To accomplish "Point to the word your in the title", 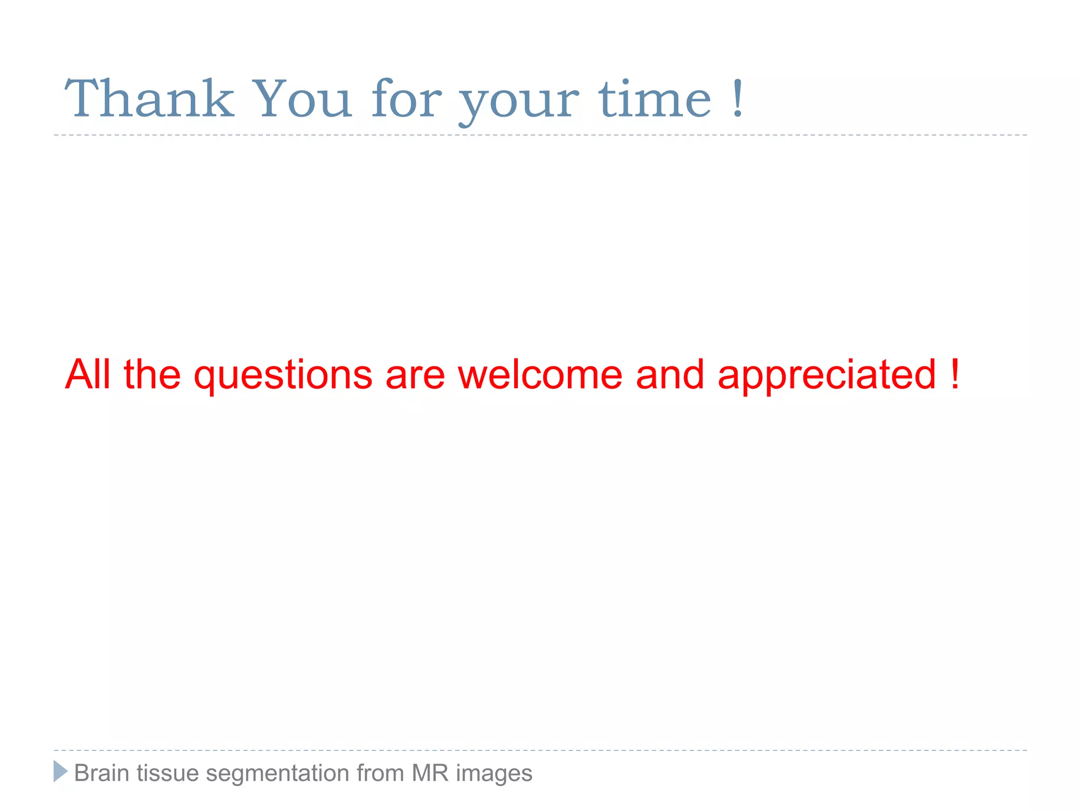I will (x=519, y=103).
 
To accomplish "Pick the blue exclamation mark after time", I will (x=738, y=99).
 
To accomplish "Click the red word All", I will (x=88, y=374).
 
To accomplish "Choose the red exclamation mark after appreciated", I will (x=954, y=374).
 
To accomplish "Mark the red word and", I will (x=670, y=374).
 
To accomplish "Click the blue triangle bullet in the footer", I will (x=60, y=771).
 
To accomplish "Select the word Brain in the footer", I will (x=102, y=773).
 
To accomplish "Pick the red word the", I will (x=153, y=374).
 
